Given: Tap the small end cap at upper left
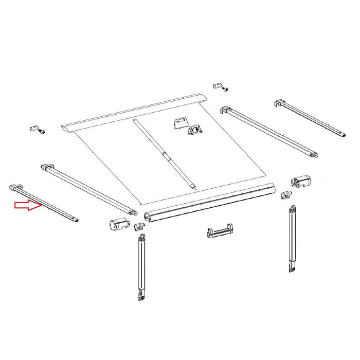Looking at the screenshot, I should (33, 127).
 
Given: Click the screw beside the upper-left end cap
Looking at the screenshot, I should (41, 132).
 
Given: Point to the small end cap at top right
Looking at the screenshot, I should (218, 85).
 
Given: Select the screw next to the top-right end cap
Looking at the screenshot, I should (226, 89).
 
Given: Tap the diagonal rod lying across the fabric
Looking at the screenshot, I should (165, 154).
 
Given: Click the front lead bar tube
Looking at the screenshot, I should (211, 202).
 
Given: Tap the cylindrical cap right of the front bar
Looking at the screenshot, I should (302, 182).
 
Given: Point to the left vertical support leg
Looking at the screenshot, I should (140, 267).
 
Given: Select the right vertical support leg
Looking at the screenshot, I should (292, 239).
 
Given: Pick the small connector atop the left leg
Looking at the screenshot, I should (139, 226).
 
